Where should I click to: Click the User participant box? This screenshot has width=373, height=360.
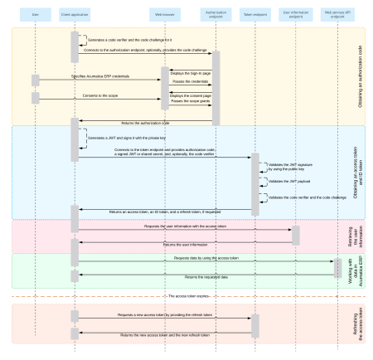tap(35, 15)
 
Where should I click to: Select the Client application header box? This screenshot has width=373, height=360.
tap(75, 15)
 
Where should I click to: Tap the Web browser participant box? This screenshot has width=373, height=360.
tap(164, 15)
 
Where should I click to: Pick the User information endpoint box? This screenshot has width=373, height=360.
tap(296, 15)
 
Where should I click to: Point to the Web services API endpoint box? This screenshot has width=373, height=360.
tap(337, 15)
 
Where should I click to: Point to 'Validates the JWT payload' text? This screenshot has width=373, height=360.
tap(287, 181)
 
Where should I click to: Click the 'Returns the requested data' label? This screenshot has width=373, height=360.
tap(205, 276)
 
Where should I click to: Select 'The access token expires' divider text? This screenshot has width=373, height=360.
tap(187, 295)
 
